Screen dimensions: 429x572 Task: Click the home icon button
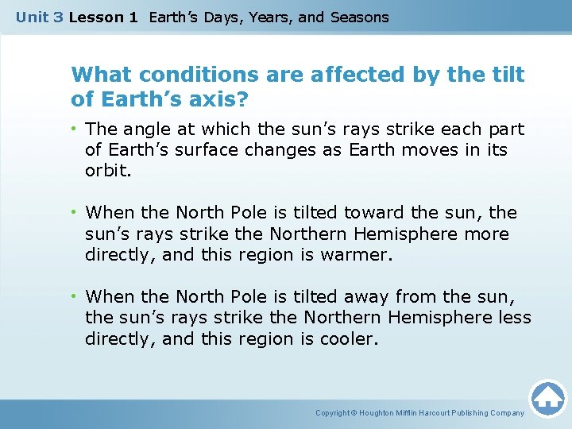pos(548,398)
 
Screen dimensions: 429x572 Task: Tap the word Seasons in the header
pos(360,17)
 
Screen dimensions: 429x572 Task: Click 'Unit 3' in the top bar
pos(40,17)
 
